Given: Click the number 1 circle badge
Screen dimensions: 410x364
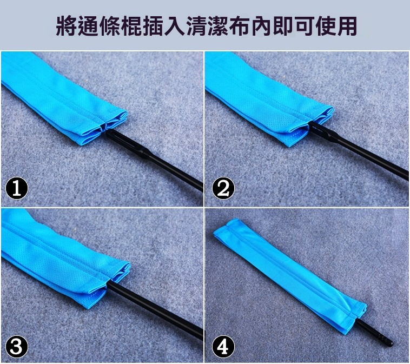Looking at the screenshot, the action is tap(16, 188).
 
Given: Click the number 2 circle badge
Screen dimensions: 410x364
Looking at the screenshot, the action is tap(223, 188).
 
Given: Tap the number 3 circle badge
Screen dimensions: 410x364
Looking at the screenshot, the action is tap(16, 347).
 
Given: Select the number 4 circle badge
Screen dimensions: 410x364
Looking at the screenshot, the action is tap(223, 347).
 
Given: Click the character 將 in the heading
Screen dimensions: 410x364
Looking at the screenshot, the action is tap(66, 26).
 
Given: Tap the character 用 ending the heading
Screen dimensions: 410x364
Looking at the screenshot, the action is tap(347, 26).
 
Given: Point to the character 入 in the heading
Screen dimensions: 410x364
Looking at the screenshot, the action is tap(175, 26).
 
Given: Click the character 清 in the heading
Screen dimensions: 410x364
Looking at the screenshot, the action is tap(197, 26).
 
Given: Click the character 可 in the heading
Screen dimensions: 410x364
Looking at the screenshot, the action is tap(304, 26).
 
